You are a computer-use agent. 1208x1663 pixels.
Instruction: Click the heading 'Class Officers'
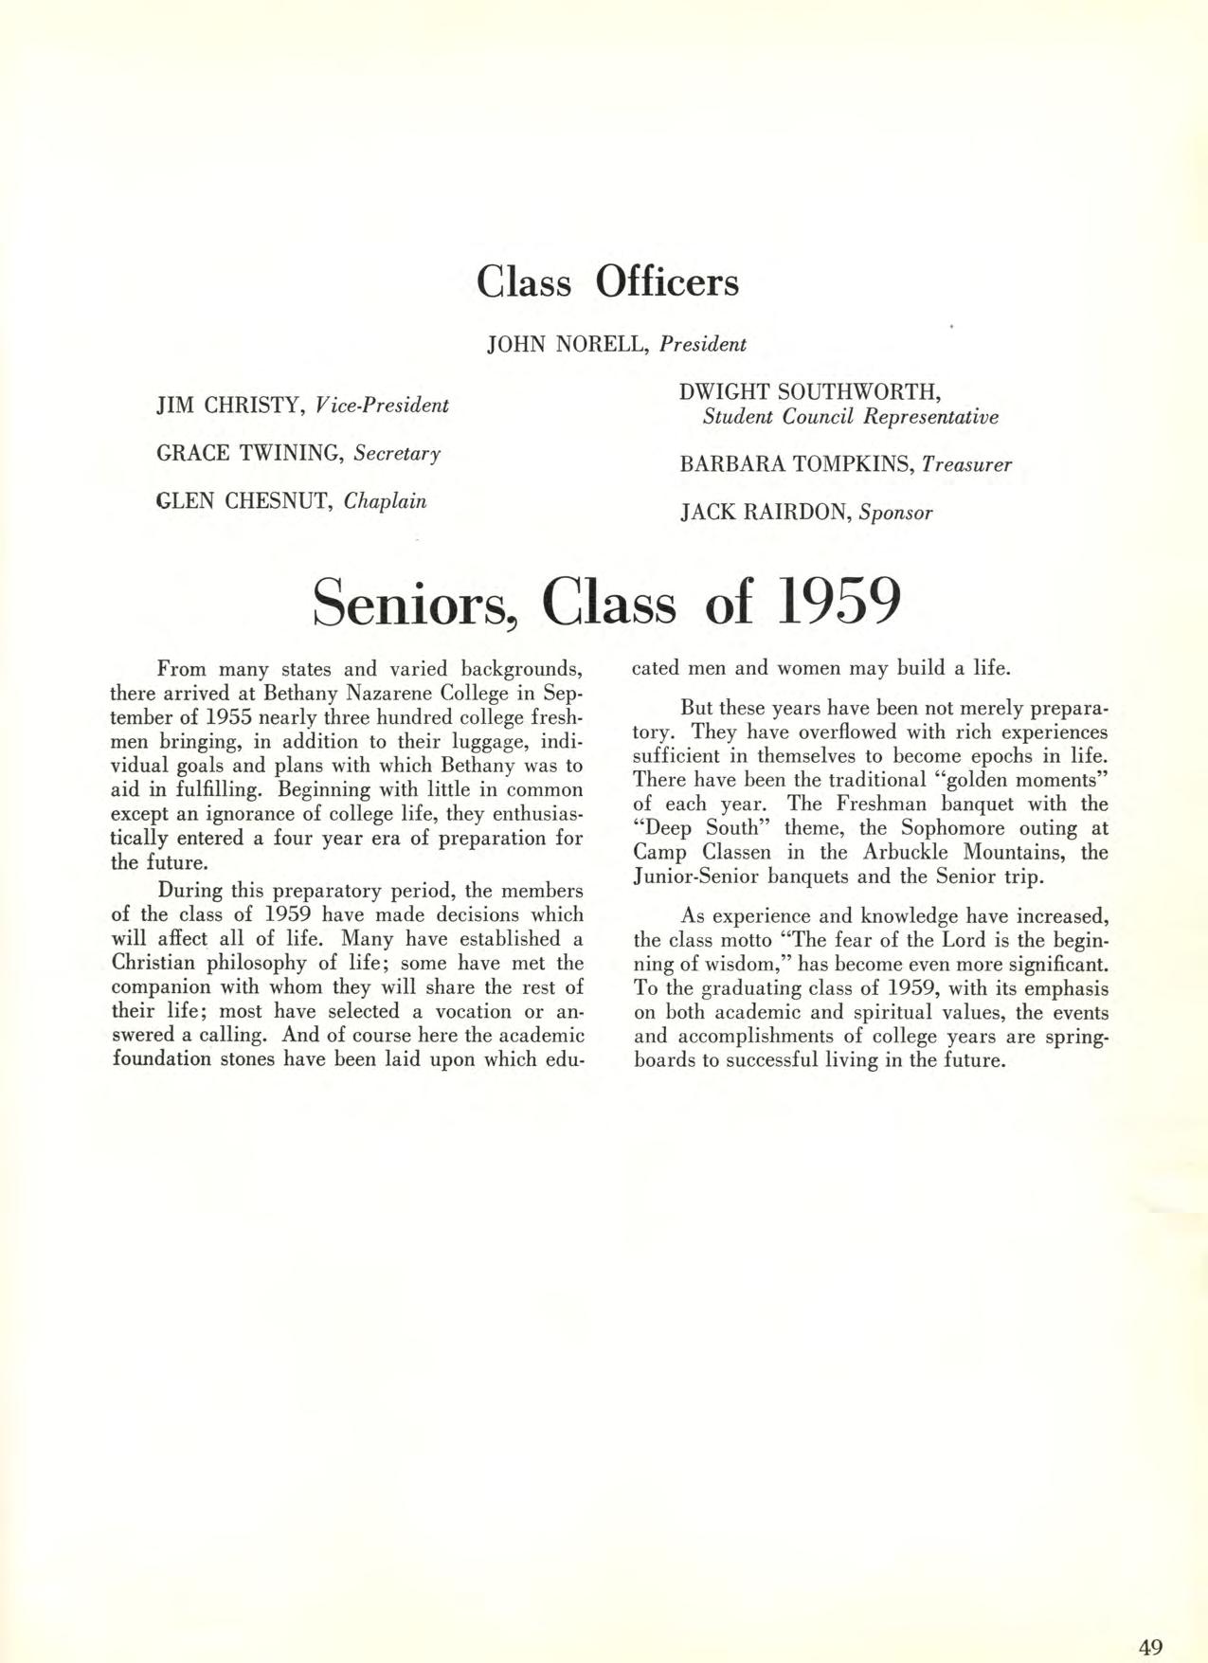click(607, 280)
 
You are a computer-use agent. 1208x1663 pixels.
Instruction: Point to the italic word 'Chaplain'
click(385, 500)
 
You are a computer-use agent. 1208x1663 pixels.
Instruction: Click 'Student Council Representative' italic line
click(850, 417)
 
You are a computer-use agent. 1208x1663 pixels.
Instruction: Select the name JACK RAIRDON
click(766, 513)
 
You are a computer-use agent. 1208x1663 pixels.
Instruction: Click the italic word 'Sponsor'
click(895, 514)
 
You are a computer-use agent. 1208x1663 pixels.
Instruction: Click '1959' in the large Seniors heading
click(835, 603)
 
